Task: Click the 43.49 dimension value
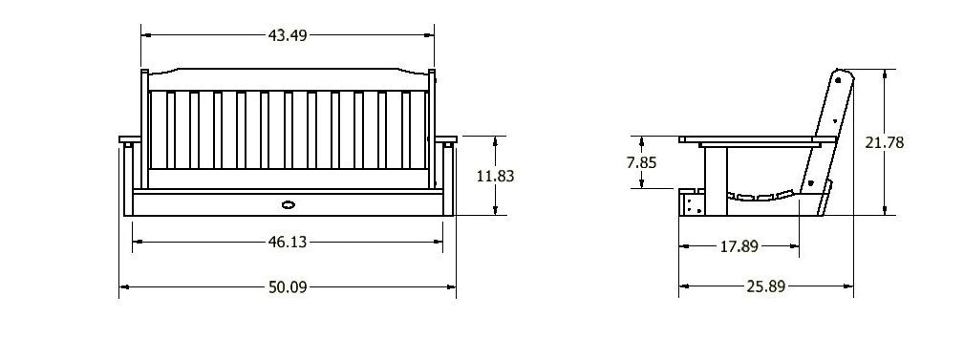[288, 35]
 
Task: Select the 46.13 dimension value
[287, 244]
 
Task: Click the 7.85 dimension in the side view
[641, 162]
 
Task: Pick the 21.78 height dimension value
[885, 142]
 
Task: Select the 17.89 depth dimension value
[739, 246]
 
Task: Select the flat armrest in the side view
[751, 141]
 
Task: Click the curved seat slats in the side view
[764, 198]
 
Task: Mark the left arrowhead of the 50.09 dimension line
[123, 286]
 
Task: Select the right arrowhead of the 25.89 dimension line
[852, 286]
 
